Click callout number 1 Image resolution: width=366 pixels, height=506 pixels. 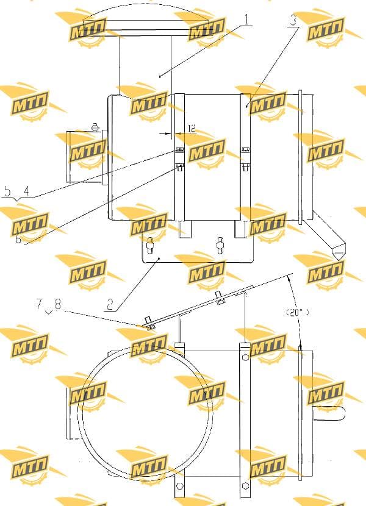pos(247,20)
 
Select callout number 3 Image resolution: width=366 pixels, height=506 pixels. pos(293,21)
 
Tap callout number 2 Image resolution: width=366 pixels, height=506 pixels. pos(110,304)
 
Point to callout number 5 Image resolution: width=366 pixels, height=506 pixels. pos(7,191)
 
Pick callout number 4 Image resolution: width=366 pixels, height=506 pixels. pos(26,191)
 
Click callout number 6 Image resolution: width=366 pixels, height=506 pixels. pos(18,239)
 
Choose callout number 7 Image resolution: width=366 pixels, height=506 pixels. pos(39,304)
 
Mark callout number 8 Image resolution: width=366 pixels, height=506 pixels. pos(58,304)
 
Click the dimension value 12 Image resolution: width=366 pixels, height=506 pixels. pos(192,129)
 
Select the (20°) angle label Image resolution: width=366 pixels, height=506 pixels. pos(297,312)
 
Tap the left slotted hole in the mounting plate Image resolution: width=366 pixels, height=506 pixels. pos(149,246)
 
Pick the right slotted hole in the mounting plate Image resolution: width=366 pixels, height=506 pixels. pos(220,244)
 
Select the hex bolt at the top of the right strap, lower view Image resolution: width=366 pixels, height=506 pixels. pos(245,358)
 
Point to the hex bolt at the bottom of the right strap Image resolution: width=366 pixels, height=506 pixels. pos(245,486)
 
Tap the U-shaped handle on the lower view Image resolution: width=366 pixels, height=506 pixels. pos(329,414)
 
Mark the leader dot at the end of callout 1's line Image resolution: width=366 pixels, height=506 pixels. pos(160,76)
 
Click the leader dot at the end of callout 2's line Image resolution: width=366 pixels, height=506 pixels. pos(159,258)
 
